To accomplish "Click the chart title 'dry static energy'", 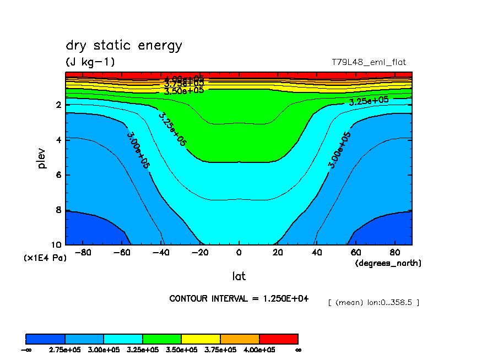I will coord(123,46).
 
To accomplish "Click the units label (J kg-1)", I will coord(90,62).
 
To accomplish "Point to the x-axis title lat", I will coord(239,276).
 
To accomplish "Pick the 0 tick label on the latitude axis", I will coord(239,253).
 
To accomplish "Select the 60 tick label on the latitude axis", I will coord(357,253).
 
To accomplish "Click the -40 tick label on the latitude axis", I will coord(160,253).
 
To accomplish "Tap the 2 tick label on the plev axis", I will coord(58,105).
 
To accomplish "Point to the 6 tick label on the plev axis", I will coord(58,175).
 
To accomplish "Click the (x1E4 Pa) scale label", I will coord(45,258).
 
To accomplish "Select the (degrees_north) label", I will coord(388,263).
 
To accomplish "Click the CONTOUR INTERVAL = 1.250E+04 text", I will coord(239,298).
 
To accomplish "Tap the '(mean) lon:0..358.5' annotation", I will coord(373,302).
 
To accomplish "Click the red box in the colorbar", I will coord(278,339).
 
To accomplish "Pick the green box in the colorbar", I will coord(162,339).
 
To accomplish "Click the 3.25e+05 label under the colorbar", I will coord(143,350).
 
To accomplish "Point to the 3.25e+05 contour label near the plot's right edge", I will coord(369,101).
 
